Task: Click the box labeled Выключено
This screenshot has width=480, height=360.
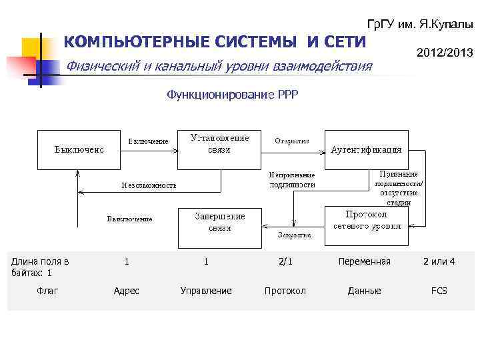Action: point(79,149)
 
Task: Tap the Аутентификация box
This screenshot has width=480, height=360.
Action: point(366,149)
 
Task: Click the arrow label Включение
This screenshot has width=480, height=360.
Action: point(148,141)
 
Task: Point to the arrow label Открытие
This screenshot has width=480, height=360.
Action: point(292,141)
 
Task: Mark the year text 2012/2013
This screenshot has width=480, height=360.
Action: point(445,52)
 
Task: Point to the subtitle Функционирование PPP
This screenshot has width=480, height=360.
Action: point(233,95)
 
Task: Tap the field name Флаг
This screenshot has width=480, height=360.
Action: point(47,291)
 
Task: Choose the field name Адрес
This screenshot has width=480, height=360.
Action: point(127,291)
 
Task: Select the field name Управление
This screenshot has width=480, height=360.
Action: point(206,291)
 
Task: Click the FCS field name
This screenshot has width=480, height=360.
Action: point(439,291)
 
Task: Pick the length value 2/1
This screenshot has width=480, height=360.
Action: point(285,262)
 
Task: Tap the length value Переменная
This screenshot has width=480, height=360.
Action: point(364,262)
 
